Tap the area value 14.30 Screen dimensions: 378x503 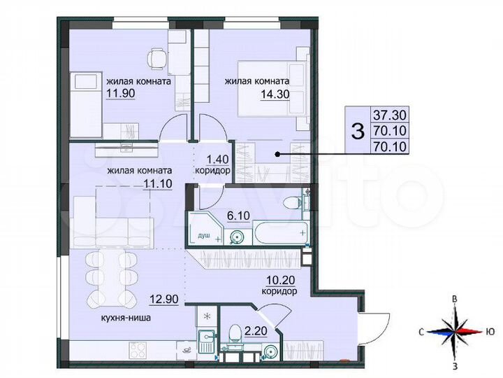[x=238, y=93]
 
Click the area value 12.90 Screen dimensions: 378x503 [x=161, y=299]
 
